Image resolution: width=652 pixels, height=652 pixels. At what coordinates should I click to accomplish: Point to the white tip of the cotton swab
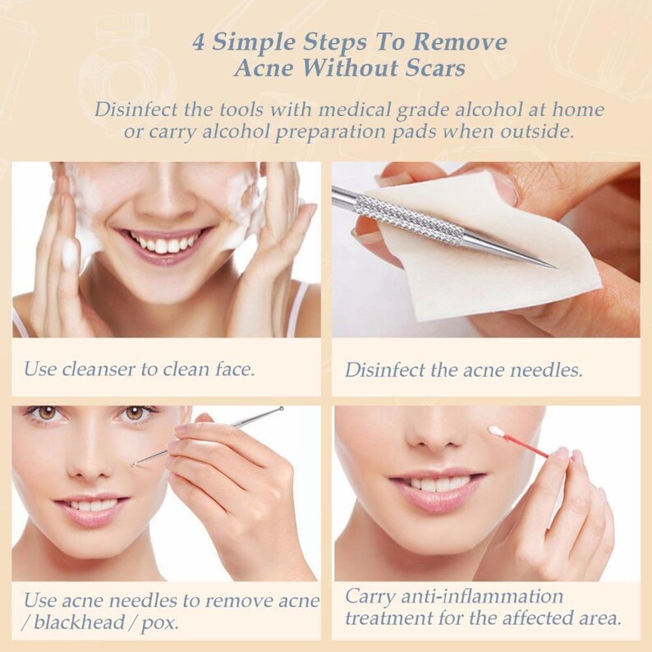coord(496,430)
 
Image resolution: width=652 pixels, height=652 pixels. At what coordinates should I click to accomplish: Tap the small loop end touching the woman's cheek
coord(133,464)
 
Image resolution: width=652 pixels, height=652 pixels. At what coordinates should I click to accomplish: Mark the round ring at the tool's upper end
coord(281,409)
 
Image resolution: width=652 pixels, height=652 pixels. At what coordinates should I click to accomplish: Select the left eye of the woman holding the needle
coord(48,413)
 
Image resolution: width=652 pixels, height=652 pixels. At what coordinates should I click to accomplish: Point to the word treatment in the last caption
coord(388,618)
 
